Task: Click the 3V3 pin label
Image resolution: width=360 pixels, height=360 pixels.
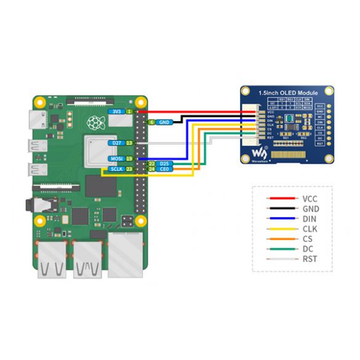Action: (x=115, y=111)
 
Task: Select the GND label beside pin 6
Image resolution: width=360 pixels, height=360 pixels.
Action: (x=164, y=122)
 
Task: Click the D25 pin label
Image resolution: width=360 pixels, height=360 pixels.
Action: (x=164, y=164)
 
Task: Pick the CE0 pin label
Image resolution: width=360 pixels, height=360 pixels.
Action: (x=164, y=169)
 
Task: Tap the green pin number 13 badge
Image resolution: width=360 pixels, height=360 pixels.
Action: (x=130, y=143)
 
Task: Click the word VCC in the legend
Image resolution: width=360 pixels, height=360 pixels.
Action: (x=310, y=199)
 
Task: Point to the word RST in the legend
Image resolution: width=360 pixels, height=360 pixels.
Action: (x=310, y=259)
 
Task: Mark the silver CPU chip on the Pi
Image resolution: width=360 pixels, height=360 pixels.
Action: (x=98, y=150)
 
